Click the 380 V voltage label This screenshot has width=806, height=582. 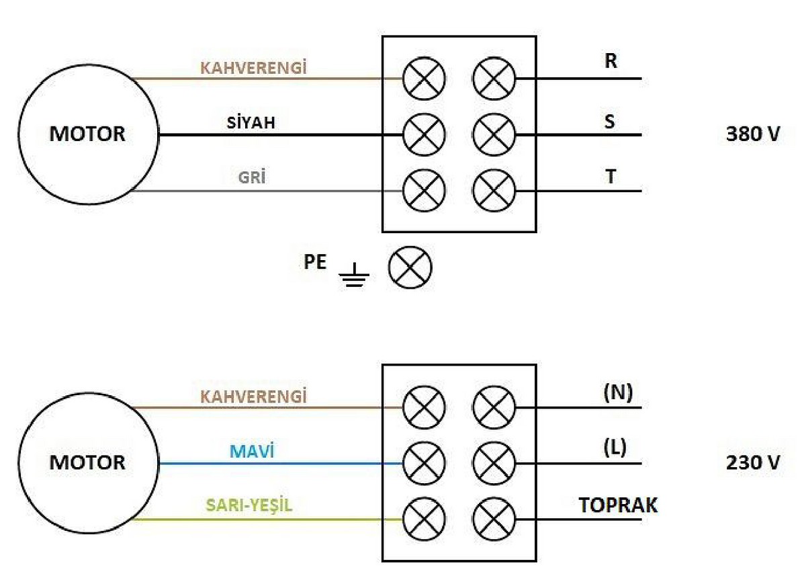[753, 134]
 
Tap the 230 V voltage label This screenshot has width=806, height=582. [753, 462]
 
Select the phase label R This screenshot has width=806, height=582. [611, 61]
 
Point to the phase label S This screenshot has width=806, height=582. [610, 121]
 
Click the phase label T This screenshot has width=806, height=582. [611, 176]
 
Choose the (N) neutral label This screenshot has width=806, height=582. [618, 392]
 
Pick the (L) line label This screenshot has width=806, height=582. [615, 448]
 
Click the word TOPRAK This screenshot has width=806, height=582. [618, 505]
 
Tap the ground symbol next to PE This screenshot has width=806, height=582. [354, 275]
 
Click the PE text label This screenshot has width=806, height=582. [315, 261]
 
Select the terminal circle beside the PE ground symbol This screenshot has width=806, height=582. [410, 267]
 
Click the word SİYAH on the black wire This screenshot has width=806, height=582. [251, 122]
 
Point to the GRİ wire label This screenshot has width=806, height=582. [252, 177]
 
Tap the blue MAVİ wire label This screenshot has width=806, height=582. [252, 451]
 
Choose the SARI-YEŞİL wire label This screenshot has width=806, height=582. [249, 505]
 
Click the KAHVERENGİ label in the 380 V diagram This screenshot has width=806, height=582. [253, 67]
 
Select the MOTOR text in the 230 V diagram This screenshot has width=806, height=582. [87, 462]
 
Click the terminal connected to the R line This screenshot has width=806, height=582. [494, 78]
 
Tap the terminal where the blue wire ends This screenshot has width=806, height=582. [424, 463]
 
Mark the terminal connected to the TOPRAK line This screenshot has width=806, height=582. [494, 519]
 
